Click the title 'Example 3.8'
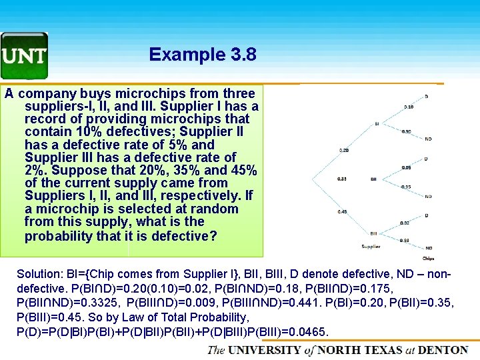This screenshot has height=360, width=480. coord(203,54)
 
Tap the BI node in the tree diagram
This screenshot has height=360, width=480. coord(377,123)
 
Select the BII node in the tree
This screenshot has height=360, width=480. coord(373,179)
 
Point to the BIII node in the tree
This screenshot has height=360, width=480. coord(373,233)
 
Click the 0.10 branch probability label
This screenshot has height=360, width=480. coord(408,107)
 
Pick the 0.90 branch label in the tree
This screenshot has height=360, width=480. coord(407,131)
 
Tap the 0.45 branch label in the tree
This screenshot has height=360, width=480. coord(342,211)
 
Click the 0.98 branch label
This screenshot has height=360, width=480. coord(405,241)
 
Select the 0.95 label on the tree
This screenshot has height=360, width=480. coord(405,187)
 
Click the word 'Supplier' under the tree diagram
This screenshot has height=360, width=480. coord(371,247)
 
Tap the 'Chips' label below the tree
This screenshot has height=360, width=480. coord(428,258)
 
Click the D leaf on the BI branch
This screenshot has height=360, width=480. coord(427,97)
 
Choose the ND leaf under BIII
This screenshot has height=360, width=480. coord(428,248)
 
